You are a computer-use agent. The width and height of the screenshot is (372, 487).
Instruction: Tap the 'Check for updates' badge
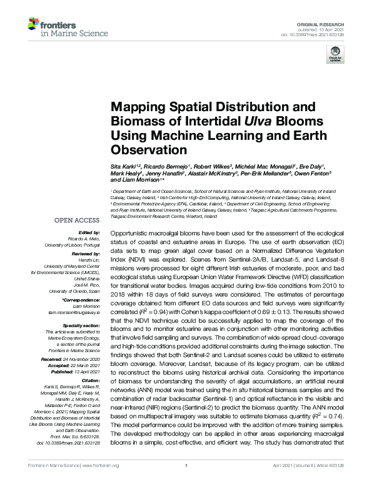coord(333,57)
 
